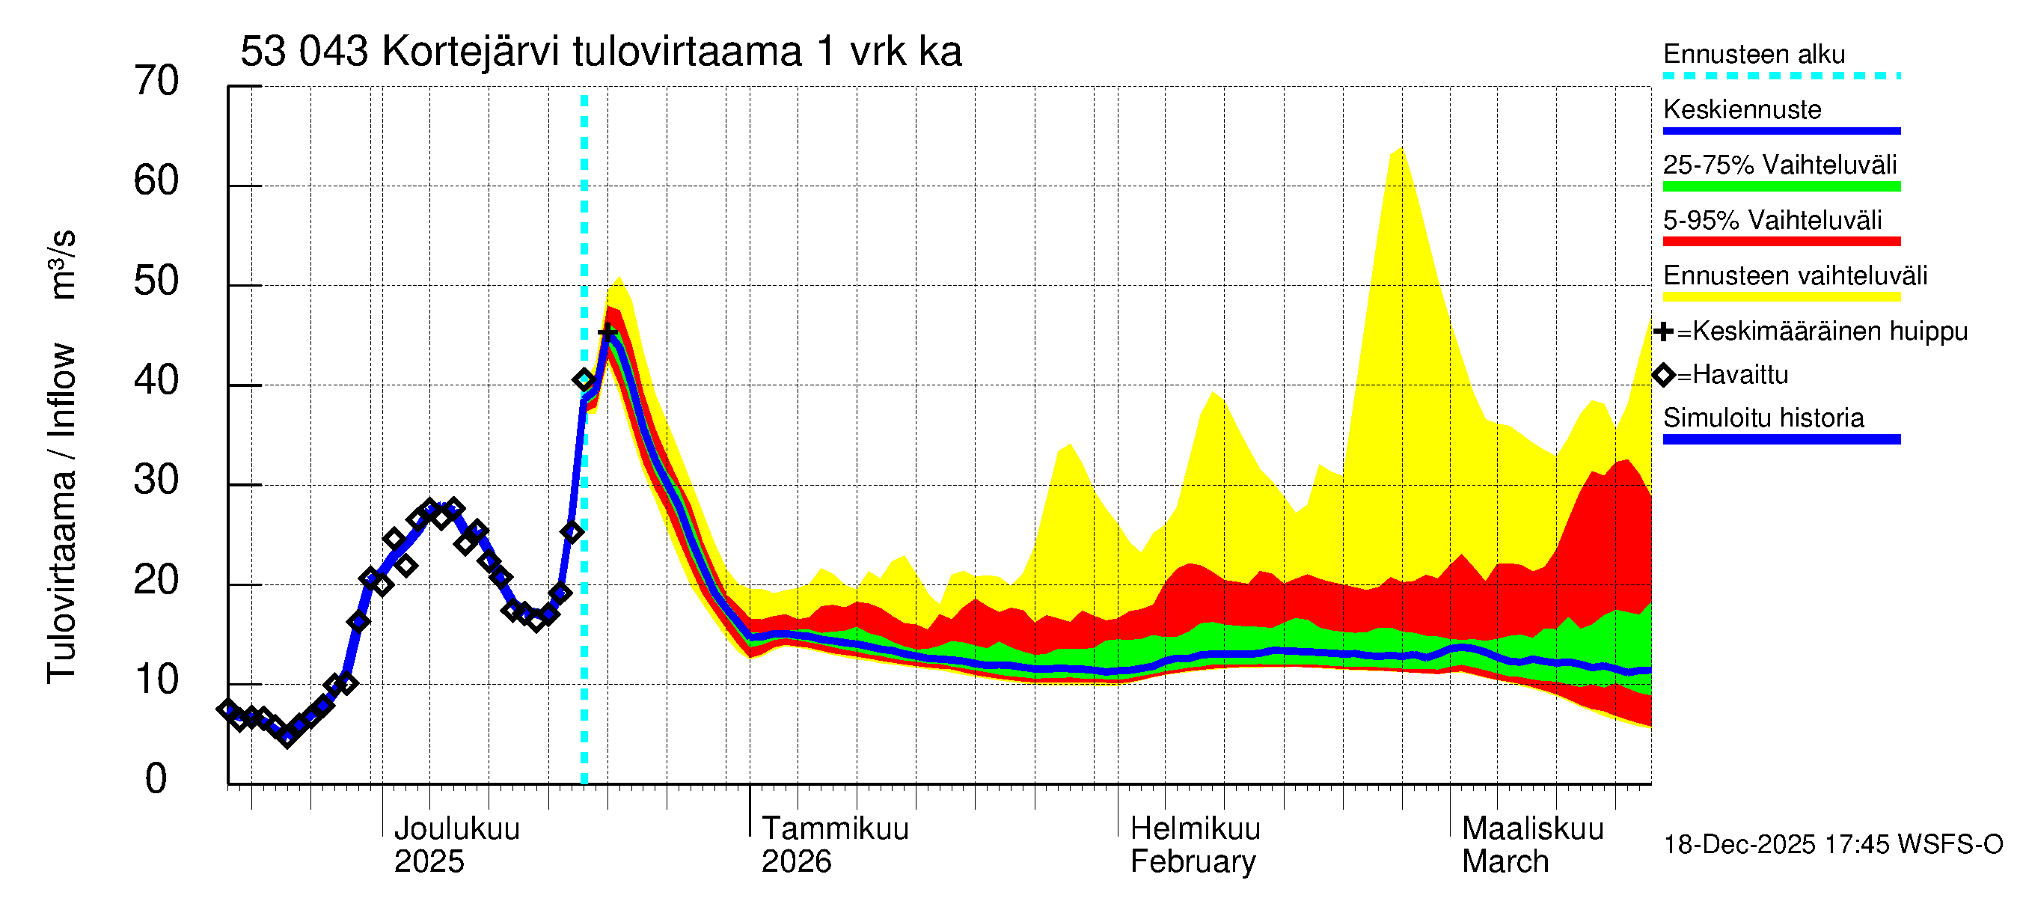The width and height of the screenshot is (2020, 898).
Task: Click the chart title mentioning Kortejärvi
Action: click(x=601, y=52)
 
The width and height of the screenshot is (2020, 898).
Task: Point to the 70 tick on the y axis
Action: click(x=156, y=81)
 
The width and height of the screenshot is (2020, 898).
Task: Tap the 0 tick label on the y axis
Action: click(x=156, y=779)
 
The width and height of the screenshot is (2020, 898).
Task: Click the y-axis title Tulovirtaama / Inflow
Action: click(x=61, y=513)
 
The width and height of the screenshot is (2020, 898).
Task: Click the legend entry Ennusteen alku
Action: click(x=1754, y=55)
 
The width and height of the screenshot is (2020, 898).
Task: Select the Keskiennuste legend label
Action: click(x=1742, y=110)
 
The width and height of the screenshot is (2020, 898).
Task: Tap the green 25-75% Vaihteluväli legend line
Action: click(x=1781, y=186)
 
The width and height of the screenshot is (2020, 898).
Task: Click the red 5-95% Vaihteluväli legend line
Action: click(x=1781, y=242)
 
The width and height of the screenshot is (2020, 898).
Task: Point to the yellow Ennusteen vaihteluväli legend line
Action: click(x=1781, y=297)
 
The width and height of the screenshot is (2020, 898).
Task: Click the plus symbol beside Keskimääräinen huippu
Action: click(x=1662, y=332)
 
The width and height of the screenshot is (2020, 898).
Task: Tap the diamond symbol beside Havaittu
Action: click(x=1662, y=375)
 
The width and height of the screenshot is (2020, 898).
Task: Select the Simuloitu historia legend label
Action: click(x=1763, y=418)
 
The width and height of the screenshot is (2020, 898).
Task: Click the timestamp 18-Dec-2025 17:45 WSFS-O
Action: click(x=1832, y=845)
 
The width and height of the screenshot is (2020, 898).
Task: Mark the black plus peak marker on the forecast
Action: click(x=607, y=333)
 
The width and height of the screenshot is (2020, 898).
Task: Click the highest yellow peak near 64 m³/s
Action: click(x=1401, y=149)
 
